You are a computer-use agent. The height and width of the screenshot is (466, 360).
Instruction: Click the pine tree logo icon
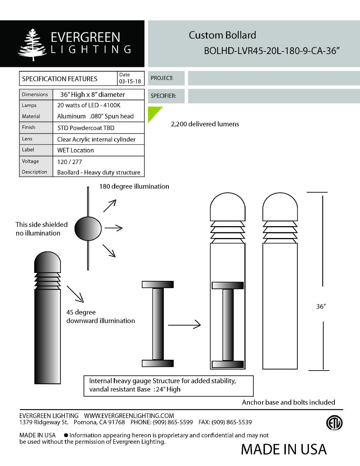tap(33, 45)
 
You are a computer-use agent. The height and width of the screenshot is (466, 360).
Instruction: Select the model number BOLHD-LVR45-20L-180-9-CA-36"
tap(272, 51)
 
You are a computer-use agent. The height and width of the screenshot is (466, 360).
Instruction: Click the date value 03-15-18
tap(130, 81)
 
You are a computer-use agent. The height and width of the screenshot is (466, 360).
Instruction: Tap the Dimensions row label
tap(35, 94)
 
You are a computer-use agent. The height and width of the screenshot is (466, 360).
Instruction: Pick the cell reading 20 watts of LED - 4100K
tap(89, 105)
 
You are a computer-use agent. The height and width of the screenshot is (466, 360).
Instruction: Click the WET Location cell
tap(76, 150)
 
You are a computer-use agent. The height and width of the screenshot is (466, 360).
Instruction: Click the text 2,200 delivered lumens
tap(205, 124)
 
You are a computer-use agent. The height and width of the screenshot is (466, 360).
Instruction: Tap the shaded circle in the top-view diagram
tap(88, 228)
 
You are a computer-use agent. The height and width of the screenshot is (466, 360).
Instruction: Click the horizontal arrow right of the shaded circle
tap(113, 228)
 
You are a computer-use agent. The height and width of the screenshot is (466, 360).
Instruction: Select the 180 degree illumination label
tap(134, 186)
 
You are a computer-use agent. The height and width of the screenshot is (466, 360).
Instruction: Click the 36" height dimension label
tap(321, 306)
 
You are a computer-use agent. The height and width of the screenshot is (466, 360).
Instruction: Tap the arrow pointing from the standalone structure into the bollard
tap(184, 325)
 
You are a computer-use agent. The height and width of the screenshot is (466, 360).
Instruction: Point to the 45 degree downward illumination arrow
tap(75, 294)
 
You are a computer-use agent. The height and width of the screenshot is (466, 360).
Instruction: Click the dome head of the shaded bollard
tap(48, 262)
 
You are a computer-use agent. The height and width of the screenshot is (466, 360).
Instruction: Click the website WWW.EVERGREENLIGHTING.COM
tap(129, 416)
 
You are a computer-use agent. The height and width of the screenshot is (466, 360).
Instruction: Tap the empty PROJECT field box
tap(274, 78)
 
